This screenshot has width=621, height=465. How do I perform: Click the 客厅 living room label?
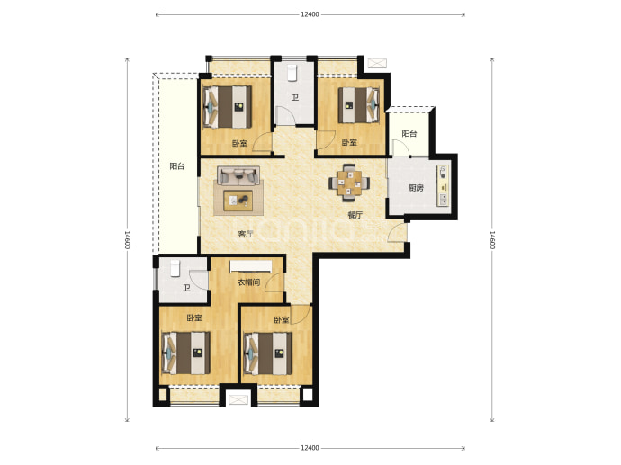[246, 234]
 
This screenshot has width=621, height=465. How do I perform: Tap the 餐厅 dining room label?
[355, 215]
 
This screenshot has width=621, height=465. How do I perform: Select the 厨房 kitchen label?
[416, 188]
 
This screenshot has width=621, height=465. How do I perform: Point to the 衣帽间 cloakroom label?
[248, 282]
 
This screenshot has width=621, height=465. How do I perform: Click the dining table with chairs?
[349, 182]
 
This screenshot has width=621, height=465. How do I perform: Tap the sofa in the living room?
[238, 175]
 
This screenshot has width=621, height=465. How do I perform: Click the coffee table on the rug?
[238, 201]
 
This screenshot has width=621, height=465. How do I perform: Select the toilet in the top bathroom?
[292, 73]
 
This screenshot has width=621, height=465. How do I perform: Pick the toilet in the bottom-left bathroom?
[175, 267]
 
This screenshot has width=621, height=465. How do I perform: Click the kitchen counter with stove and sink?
[443, 185]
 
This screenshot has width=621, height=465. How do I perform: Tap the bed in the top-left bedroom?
[228, 107]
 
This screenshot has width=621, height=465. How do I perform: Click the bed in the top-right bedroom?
[359, 105]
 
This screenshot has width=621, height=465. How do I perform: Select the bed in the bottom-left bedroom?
[186, 353]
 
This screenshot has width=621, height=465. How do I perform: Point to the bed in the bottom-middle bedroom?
[268, 353]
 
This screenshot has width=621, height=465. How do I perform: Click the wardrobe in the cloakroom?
[251, 266]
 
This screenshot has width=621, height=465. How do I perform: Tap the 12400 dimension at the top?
[310, 14]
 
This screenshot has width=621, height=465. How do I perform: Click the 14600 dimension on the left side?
[128, 240]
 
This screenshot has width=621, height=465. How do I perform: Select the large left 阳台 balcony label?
[177, 166]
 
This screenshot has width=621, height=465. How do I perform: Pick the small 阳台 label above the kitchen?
[409, 133]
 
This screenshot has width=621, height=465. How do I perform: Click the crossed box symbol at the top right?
[377, 63]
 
